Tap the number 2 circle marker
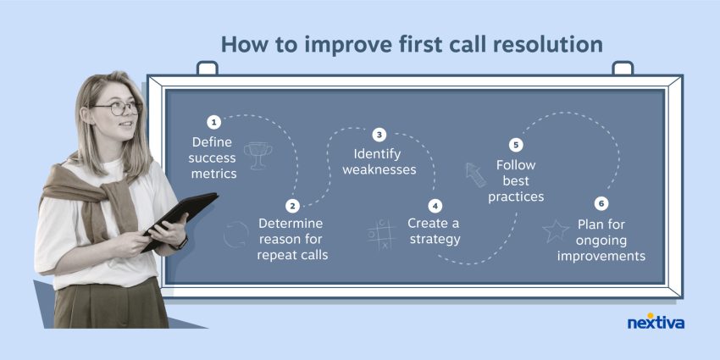pos(292,206)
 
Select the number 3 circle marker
pos(379,135)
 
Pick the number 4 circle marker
pos(435,206)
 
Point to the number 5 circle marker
pos(516,145)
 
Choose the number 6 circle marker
pos(601,203)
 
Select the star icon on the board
pos(556,230)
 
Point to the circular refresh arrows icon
pos(235,235)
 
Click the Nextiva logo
pos(655,322)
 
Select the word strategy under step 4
pos(434,240)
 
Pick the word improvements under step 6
pos(601,255)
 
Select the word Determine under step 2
pos(292,224)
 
